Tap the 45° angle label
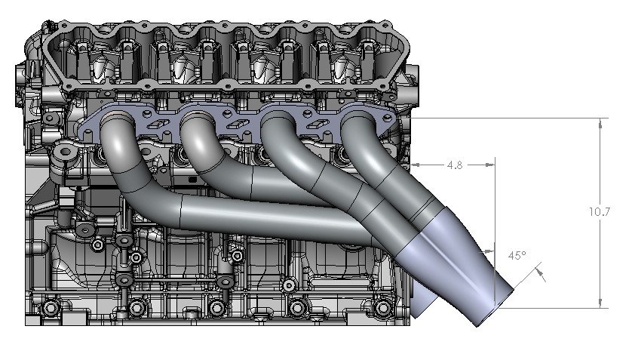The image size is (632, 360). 516,256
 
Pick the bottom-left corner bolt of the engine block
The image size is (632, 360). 50,308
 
